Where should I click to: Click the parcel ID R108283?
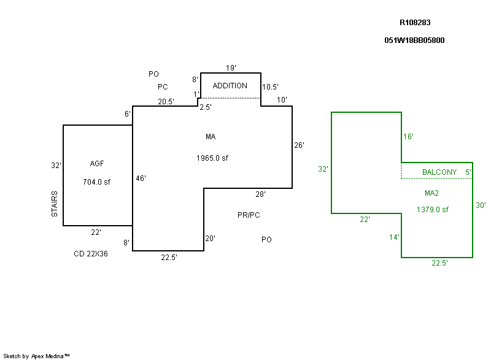pos(415,23)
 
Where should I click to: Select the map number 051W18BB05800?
pos(414,40)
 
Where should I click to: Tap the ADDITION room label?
pos(230,86)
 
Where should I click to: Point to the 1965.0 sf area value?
pos(212,158)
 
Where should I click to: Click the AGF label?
pos(97,163)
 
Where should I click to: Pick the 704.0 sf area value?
pos(97,182)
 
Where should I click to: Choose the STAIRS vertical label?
pos(55,204)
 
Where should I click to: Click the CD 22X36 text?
pos(91,253)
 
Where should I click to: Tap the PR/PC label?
pos(249,215)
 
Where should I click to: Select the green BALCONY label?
pos(439,172)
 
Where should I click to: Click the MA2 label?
pos(432,193)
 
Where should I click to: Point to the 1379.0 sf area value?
pos(433,210)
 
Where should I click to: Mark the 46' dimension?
pos(141,178)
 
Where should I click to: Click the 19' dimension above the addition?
pos(231,67)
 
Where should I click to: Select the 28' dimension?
pos(260,194)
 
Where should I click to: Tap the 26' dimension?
pos(299,145)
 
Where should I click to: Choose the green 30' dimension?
pos(481,205)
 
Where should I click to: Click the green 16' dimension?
pos(408,136)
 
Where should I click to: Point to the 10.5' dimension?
pos(271,86)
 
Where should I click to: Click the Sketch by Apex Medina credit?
pos(37,356)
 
